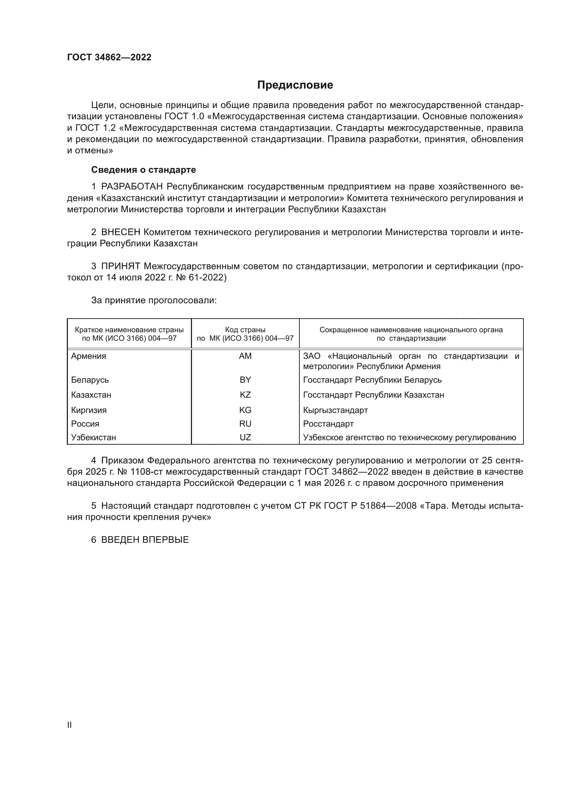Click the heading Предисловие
(295, 85)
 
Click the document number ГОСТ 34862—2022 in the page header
(109, 58)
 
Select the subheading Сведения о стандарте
(144, 170)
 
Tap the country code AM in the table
(245, 356)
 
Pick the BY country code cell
(245, 380)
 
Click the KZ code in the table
(245, 395)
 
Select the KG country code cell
(245, 410)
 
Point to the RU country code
(245, 424)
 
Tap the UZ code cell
(245, 438)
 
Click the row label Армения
(89, 356)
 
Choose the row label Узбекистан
(93, 438)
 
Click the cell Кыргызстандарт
(335, 410)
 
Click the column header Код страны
(245, 330)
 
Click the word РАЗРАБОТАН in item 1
(132, 187)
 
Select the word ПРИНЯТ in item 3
(120, 266)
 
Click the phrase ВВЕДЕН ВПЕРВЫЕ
(145, 540)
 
